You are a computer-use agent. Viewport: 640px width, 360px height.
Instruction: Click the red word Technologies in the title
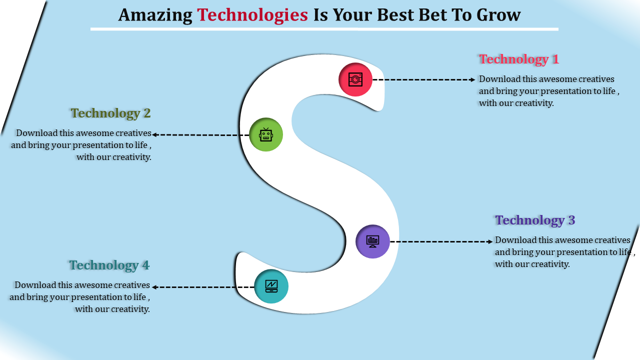[252, 15]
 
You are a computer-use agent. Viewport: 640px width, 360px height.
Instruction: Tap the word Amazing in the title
[155, 15]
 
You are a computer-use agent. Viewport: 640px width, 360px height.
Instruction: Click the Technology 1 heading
[519, 59]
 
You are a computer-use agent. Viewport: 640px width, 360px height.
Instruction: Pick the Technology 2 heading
[110, 113]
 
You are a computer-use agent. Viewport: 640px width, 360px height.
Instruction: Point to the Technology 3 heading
[535, 220]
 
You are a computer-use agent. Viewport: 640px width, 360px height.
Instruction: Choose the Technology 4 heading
[109, 265]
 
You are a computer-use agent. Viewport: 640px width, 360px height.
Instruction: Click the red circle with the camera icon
[355, 79]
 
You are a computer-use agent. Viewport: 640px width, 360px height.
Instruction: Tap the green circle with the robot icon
[266, 134]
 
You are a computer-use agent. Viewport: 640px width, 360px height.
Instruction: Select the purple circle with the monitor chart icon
[372, 241]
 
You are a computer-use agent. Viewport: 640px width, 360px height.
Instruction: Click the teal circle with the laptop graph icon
[271, 286]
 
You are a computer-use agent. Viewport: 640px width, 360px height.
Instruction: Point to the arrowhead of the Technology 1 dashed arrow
[473, 79]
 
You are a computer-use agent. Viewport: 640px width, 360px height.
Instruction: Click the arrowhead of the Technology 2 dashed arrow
[154, 134]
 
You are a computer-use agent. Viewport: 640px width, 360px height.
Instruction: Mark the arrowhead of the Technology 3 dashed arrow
[490, 241]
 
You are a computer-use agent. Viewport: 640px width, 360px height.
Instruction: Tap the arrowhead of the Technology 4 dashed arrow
[154, 287]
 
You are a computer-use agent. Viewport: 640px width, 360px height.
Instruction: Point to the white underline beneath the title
[324, 29]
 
